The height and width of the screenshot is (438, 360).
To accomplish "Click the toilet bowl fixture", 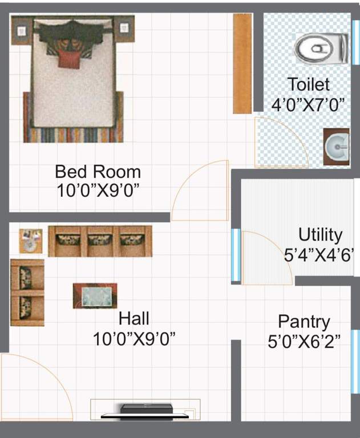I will [x=321, y=48].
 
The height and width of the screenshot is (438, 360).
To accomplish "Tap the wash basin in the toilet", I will [x=337, y=148].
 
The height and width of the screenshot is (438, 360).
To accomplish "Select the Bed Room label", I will [x=98, y=171].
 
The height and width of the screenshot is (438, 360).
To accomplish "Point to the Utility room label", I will [x=320, y=235].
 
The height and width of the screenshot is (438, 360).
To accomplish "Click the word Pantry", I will [x=304, y=321].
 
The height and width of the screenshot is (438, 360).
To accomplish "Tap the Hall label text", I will [x=134, y=318].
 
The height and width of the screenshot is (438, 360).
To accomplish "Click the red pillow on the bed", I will [x=68, y=58].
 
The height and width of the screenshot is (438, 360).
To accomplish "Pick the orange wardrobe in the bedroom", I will [x=242, y=63].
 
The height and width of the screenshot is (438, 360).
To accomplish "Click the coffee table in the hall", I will [x=95, y=296].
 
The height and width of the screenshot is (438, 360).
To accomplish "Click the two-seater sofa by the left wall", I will [x=27, y=293].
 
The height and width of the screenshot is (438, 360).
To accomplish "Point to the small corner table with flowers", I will [x=30, y=240].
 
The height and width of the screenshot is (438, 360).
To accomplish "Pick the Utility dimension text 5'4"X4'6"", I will [x=320, y=254].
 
